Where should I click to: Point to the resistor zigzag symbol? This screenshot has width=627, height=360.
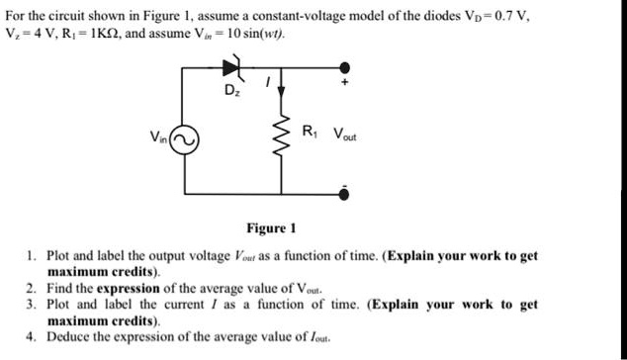(x=286, y=137)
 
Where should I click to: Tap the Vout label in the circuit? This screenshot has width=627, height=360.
(x=346, y=134)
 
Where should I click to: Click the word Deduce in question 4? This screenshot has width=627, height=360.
(x=69, y=336)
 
